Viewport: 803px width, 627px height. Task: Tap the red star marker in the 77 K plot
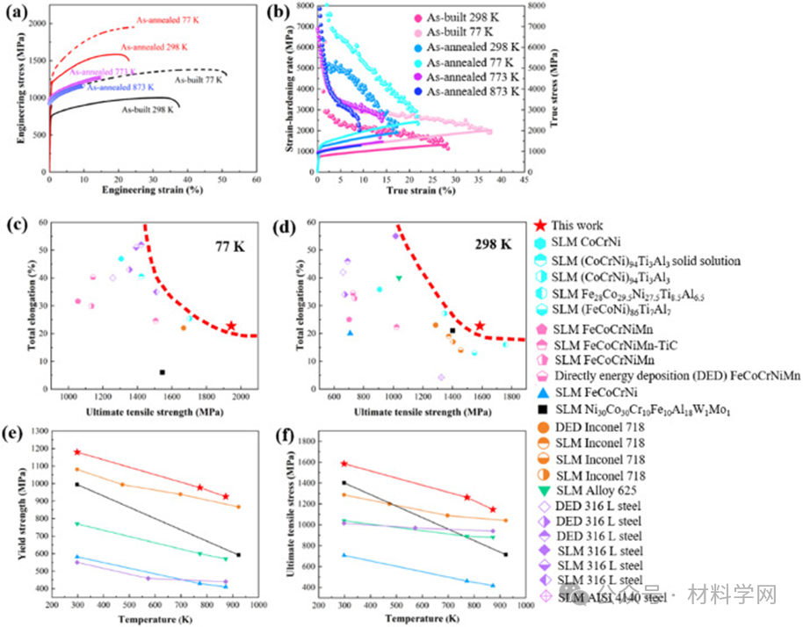pyautogui.click(x=231, y=326)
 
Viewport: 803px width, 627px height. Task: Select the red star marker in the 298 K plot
pyautogui.click(x=480, y=326)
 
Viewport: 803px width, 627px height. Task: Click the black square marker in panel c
pyautogui.click(x=163, y=372)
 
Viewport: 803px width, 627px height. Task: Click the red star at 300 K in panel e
pyautogui.click(x=78, y=452)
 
